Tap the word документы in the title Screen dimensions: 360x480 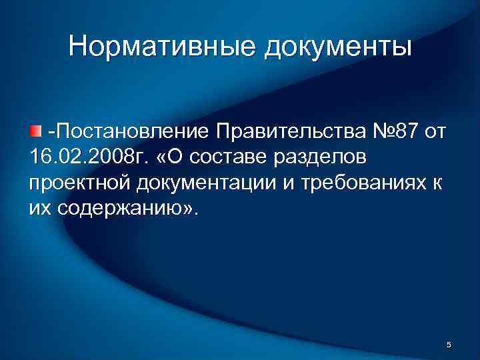(339, 47)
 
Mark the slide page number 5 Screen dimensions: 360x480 (448, 344)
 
